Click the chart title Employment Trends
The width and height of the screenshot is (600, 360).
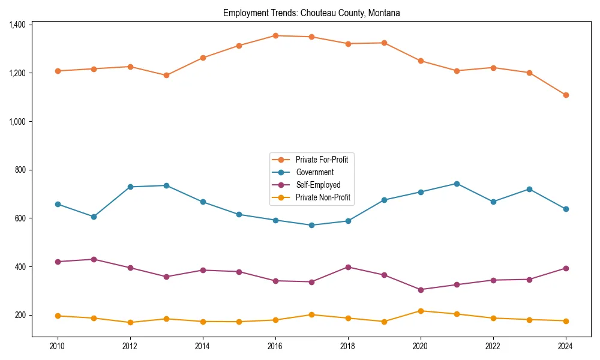[311, 13]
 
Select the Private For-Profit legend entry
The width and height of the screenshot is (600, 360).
[322, 160]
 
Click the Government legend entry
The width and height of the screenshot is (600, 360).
[314, 172]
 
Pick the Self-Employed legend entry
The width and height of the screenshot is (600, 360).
[317, 185]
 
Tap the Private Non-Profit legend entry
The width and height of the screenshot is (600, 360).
[323, 197]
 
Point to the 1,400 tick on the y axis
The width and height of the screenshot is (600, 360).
[17, 25]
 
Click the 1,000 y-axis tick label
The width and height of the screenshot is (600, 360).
[17, 121]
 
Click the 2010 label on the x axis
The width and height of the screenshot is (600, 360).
[58, 346]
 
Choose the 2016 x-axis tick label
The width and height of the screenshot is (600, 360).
[275, 346]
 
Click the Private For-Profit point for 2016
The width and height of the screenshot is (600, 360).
[275, 35]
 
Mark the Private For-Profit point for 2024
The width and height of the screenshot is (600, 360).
[566, 95]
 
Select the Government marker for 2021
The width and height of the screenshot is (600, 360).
[457, 184]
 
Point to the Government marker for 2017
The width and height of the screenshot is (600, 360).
[311, 225]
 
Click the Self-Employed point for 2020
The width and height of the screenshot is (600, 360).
[421, 290]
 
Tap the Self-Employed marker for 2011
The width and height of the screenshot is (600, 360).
[94, 259]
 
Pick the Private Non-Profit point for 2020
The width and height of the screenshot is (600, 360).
[421, 311]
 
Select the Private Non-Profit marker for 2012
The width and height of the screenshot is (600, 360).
[130, 322]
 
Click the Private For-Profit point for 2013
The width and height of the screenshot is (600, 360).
[166, 76]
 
